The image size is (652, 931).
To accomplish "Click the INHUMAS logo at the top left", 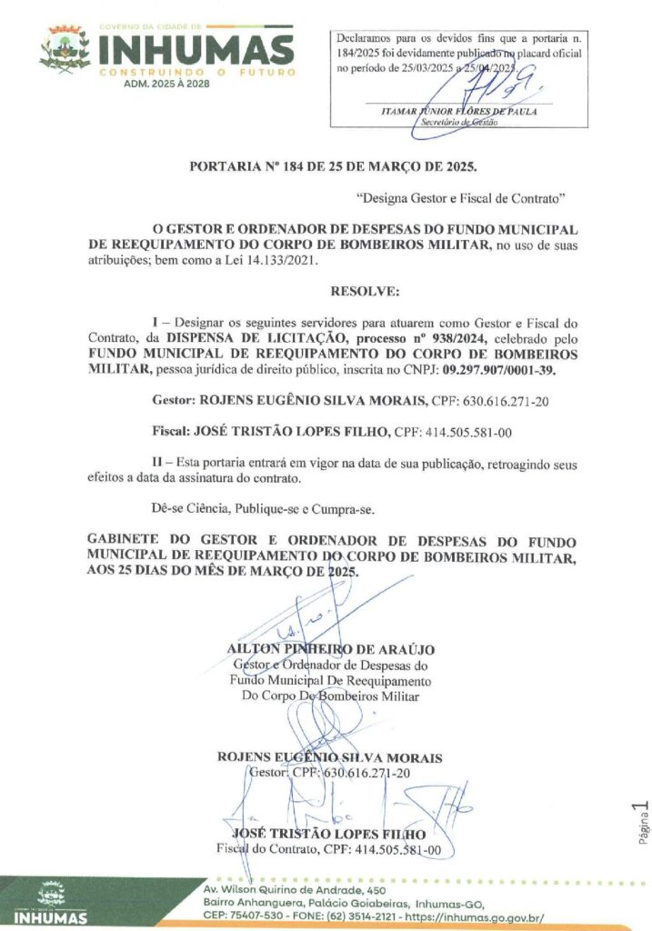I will (168, 51).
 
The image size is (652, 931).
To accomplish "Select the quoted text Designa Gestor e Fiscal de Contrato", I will (462, 196).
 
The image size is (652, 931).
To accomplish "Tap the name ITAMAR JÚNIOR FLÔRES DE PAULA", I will (457, 111).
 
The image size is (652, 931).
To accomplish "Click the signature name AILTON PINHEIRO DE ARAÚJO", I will (331, 649).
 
